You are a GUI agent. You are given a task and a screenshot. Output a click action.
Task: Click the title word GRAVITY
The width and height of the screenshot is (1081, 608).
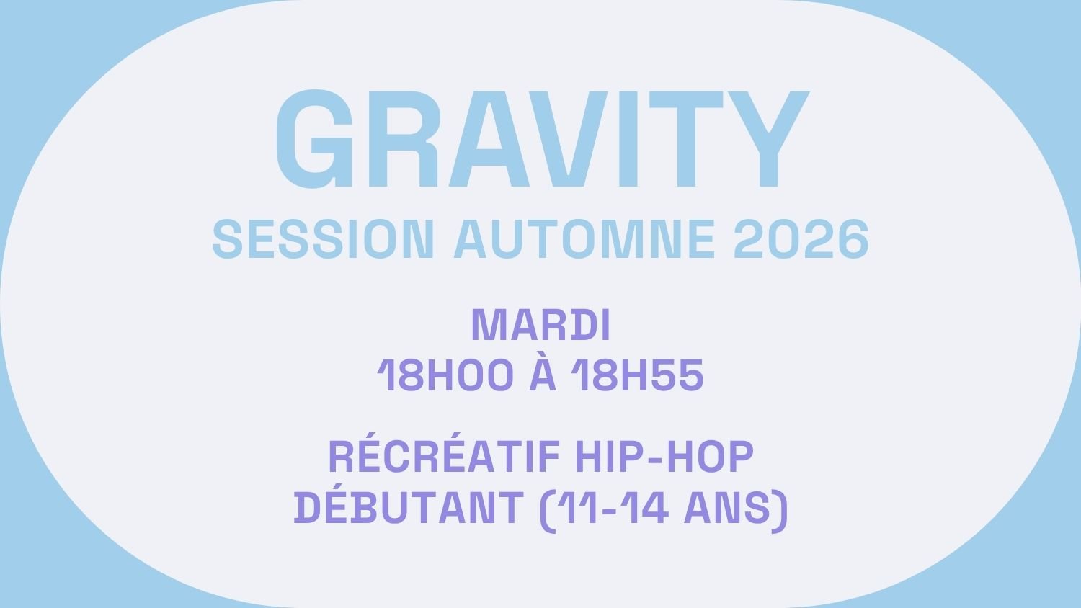[x=542, y=138]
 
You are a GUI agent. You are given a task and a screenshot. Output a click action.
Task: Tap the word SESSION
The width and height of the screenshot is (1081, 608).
[x=324, y=239]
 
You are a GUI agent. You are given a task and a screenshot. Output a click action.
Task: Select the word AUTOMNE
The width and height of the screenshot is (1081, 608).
[x=584, y=239]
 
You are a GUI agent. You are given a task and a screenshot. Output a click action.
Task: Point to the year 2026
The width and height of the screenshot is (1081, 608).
[x=801, y=239]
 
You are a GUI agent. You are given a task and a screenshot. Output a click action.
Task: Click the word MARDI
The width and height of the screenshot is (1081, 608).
[x=540, y=326]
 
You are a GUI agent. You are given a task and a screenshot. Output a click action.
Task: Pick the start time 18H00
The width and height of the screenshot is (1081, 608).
[x=445, y=375]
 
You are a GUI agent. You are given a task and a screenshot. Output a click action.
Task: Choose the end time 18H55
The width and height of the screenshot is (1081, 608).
[x=637, y=375]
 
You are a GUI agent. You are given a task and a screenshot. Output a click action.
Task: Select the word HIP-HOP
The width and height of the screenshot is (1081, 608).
[x=664, y=457]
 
